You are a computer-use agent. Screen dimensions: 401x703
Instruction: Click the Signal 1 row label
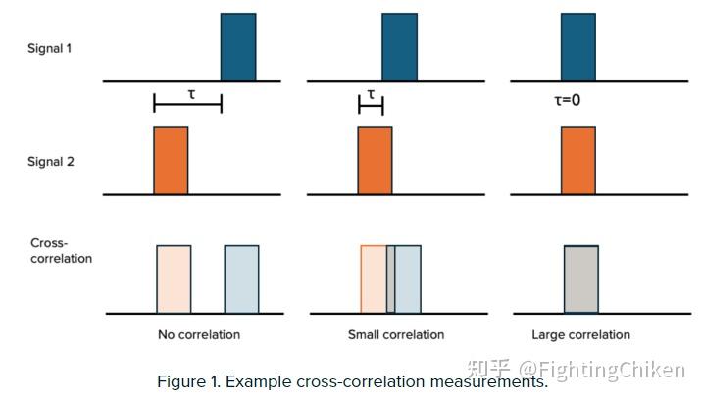pyautogui.click(x=49, y=48)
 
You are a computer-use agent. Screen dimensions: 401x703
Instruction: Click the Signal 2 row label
pyautogui.click(x=49, y=162)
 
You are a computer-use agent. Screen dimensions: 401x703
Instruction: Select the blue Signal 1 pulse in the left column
pyautogui.click(x=238, y=47)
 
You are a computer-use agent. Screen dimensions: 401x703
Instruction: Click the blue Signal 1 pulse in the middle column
pyautogui.click(x=399, y=47)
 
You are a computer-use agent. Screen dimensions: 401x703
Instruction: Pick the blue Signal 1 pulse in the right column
pyautogui.click(x=577, y=47)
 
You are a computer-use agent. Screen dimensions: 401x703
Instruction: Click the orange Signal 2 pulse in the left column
pyautogui.click(x=171, y=161)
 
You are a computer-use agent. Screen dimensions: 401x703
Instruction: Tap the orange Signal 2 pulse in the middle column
pyautogui.click(x=375, y=161)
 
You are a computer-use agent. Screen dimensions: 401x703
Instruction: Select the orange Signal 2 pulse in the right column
pyautogui.click(x=577, y=161)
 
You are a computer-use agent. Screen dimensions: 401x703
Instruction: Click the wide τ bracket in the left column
pyautogui.click(x=187, y=102)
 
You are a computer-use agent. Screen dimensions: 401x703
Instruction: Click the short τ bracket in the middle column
pyautogui.click(x=371, y=102)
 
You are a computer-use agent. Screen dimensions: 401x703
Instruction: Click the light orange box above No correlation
pyautogui.click(x=174, y=279)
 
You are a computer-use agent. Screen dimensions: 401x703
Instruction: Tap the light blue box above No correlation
pyautogui.click(x=241, y=279)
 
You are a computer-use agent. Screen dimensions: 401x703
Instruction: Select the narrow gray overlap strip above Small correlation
pyautogui.click(x=390, y=279)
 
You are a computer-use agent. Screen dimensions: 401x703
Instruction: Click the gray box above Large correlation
pyautogui.click(x=580, y=279)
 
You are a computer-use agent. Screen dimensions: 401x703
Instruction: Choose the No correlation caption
pyautogui.click(x=199, y=335)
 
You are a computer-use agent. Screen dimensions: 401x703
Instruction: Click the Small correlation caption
pyautogui.click(x=396, y=335)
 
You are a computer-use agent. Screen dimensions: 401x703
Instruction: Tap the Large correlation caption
pyautogui.click(x=580, y=335)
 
